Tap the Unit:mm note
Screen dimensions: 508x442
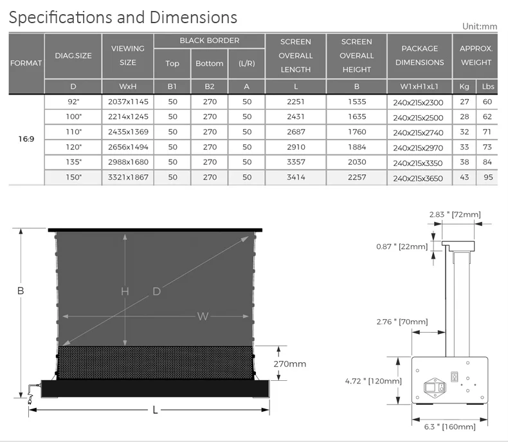[480, 26]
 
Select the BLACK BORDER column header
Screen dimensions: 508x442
[209, 41]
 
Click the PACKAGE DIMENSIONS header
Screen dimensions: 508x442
[419, 55]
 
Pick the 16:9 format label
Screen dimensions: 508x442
[26, 139]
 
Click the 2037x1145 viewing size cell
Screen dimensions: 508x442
[128, 102]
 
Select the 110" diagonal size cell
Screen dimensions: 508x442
[73, 132]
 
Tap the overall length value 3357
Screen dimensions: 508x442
[296, 162]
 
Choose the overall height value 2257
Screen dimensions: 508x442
[357, 178]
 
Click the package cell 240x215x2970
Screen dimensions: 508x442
[418, 148]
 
